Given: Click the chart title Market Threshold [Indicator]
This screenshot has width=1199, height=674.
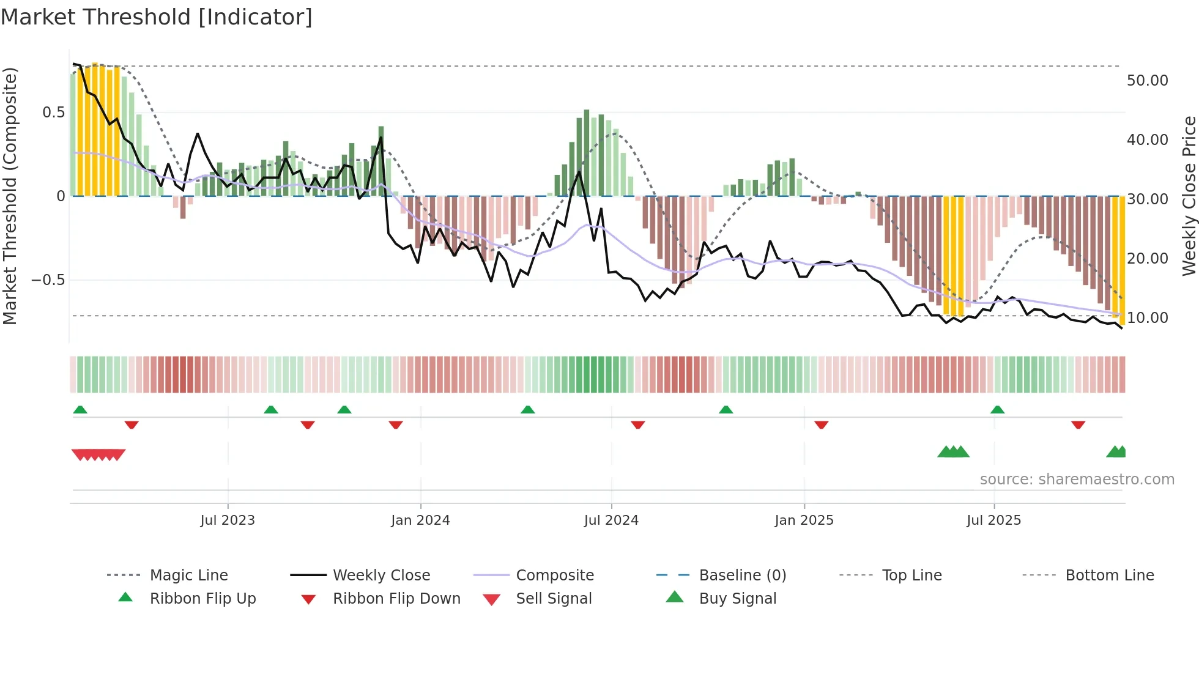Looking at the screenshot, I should [x=157, y=17].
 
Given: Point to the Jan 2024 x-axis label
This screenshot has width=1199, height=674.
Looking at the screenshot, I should [x=420, y=520].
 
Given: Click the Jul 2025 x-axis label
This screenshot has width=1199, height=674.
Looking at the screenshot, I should [x=993, y=520].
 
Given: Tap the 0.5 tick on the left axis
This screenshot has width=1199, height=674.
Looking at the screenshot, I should [x=53, y=113].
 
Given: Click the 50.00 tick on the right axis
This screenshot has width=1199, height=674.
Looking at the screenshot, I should [x=1147, y=81].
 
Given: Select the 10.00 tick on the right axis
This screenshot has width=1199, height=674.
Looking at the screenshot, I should [x=1147, y=318].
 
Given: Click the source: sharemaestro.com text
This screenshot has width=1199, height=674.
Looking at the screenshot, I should [x=1077, y=480].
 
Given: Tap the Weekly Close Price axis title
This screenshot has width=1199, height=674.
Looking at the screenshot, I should [x=1189, y=196].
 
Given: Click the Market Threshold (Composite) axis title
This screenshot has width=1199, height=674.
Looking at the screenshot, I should [x=10, y=196].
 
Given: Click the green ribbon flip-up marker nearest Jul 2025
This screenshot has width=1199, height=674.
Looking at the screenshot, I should [x=997, y=410].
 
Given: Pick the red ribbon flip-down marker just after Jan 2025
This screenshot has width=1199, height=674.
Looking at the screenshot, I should [x=821, y=424].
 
